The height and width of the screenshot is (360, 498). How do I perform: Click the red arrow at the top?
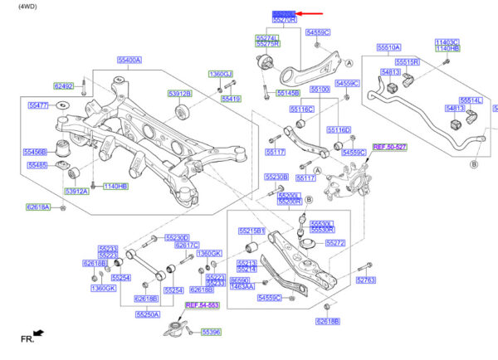[311, 14]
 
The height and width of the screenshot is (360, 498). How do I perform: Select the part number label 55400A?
[129, 60]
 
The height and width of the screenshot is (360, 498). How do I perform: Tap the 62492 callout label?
[64, 85]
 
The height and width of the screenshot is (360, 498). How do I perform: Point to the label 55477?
[38, 105]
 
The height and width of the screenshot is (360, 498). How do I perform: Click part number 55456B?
[35, 152]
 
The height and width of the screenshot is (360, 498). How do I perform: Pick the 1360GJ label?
[221, 74]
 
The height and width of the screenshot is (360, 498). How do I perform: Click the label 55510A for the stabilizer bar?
[389, 47]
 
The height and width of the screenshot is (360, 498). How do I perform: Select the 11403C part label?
[447, 41]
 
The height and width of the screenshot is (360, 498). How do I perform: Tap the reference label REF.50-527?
[389, 146]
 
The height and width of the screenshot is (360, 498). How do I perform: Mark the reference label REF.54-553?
[201, 305]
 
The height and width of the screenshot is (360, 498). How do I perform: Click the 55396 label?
[212, 332]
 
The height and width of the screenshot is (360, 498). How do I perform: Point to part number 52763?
[366, 280]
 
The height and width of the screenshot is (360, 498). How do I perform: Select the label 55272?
[334, 244]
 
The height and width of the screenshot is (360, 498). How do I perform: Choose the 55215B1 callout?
[251, 231]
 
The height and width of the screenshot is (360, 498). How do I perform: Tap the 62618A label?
[37, 207]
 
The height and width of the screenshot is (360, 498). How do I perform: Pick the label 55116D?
[339, 129]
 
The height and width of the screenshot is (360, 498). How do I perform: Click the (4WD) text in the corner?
[17, 6]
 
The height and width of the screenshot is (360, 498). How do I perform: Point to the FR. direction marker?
[32, 337]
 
